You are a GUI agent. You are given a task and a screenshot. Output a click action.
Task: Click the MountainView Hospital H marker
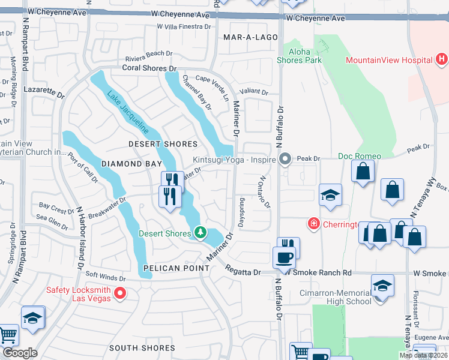point(442,59)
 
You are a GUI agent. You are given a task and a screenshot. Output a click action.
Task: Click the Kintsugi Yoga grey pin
point(285,160)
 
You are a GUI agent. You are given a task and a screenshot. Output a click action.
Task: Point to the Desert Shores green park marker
point(200,232)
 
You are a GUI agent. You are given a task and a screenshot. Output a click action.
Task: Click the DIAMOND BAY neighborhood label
point(131,163)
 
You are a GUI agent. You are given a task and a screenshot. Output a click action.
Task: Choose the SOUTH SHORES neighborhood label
point(142,348)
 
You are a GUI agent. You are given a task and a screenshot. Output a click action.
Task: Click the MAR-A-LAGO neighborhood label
point(250,37)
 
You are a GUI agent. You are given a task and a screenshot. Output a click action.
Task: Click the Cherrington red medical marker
point(313,224)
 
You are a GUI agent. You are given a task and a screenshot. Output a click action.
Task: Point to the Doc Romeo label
point(359,156)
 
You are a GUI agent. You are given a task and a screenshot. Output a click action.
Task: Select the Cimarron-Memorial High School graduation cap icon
point(382,286)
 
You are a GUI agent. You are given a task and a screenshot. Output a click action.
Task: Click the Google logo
point(19,353)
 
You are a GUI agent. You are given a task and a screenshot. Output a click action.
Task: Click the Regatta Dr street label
point(244,272)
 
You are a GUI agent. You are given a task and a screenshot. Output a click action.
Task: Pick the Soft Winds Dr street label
point(106,278)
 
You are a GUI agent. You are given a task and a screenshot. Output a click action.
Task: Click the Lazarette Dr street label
point(44,91)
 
